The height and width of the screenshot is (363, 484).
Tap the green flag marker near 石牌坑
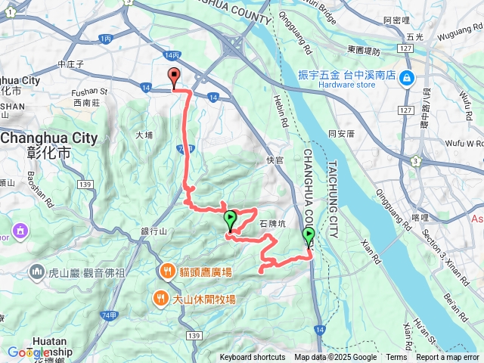tap(231, 221)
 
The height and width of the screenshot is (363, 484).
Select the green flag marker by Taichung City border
tap(309, 237)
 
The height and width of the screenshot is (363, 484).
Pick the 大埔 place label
tap(144, 135)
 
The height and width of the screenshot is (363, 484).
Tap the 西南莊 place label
tap(86, 101)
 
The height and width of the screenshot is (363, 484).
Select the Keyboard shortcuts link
tap(253, 358)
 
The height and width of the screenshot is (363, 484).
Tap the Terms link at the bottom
tap(396, 358)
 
